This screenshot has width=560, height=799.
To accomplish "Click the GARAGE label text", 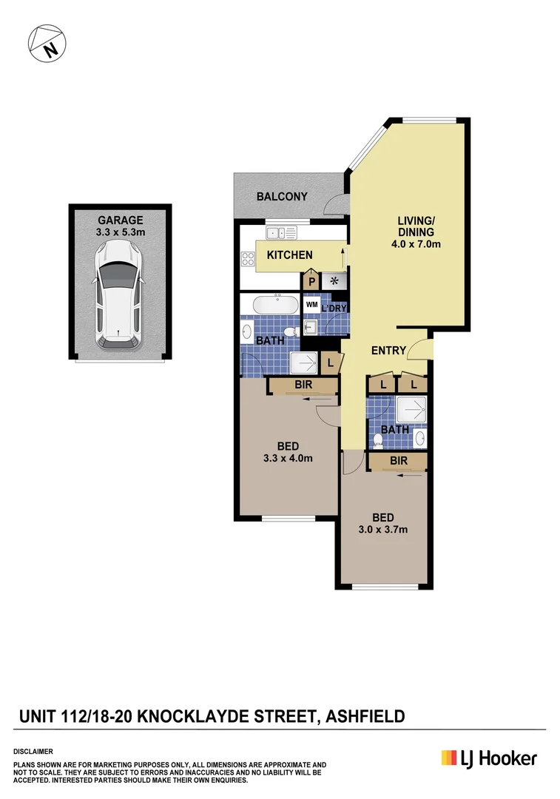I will coord(120,220).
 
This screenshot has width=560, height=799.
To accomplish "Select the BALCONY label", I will coord(282,197).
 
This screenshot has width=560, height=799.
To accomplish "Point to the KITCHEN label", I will coord(289,255).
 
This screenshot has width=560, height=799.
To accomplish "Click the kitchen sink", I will coord(282,233).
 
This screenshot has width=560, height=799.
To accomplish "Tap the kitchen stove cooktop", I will coord(248,259).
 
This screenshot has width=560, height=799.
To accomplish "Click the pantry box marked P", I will coord(311,281).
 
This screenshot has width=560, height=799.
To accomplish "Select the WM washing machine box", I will coord(311,304).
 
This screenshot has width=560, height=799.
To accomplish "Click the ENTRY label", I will coord(388,351).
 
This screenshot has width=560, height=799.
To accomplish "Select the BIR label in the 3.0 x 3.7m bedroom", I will coord(399,460).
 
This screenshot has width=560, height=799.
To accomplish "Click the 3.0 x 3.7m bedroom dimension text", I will coord(382,529).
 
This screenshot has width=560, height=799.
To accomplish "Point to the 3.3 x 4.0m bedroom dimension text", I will coord(288,458).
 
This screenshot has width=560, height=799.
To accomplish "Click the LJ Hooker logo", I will coord(489,758).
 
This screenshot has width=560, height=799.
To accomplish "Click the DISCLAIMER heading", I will coord(33,750).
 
